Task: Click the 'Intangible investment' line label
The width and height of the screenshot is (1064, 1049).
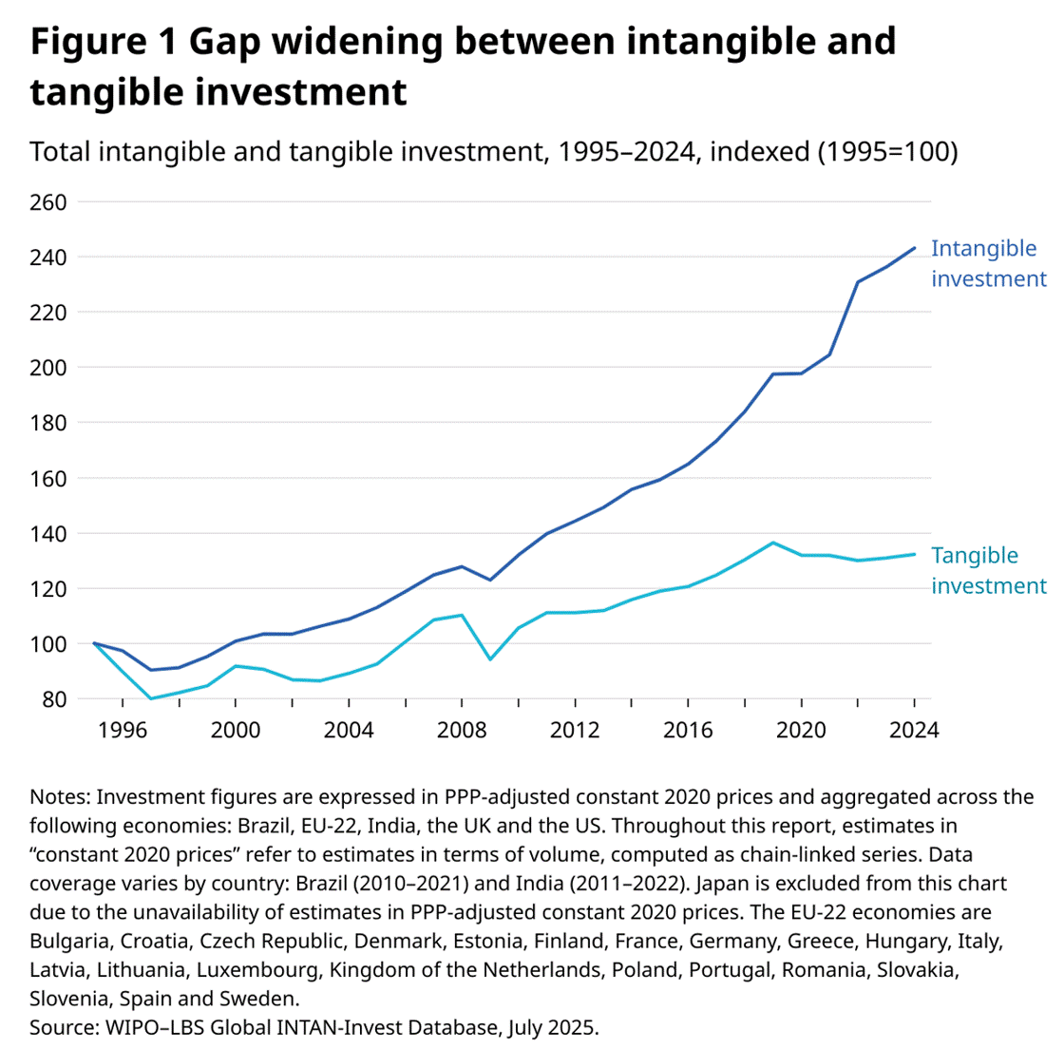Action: [x=988, y=263]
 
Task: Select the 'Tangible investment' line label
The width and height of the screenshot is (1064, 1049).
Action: [x=988, y=570]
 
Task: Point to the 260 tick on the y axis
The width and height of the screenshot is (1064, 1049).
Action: [x=48, y=201]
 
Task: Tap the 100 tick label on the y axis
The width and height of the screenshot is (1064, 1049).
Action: [x=48, y=644]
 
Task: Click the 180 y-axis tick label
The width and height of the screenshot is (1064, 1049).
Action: [x=48, y=423]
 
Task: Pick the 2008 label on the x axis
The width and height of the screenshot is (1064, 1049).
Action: [x=462, y=730]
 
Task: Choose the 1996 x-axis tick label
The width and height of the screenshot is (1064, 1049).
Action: [x=123, y=730]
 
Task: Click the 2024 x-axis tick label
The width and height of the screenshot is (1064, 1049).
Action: [x=914, y=730]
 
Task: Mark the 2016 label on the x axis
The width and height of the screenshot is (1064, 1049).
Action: [x=688, y=730]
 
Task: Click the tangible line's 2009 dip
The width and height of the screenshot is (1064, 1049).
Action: [x=490, y=659]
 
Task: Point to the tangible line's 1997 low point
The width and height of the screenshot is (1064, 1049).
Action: [x=151, y=698]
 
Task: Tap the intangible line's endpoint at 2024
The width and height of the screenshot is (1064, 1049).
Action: [x=914, y=248]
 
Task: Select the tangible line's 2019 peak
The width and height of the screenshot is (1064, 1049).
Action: [x=773, y=543]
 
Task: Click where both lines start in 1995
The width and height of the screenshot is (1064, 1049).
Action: [x=95, y=643]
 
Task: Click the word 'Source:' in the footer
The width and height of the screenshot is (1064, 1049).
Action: [x=60, y=1027]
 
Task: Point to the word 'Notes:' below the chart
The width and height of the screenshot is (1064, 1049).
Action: [x=60, y=795]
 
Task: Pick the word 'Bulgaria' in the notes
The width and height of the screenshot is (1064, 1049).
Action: [x=69, y=942]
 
